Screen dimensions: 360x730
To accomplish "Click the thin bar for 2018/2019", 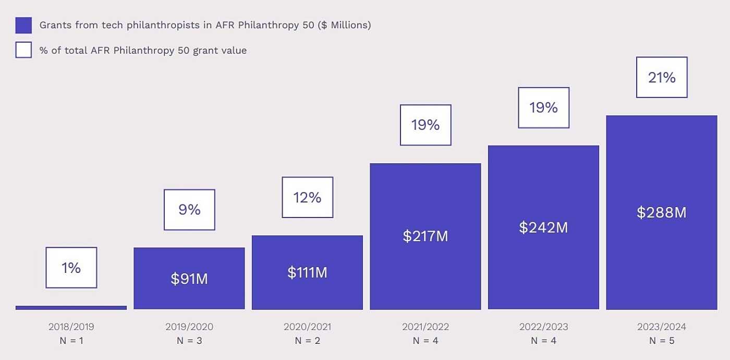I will pyautogui.click(x=71, y=308).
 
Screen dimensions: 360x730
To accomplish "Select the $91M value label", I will pyautogui.click(x=189, y=279).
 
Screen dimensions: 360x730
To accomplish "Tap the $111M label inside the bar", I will pyautogui.click(x=307, y=272).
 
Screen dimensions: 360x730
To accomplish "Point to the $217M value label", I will pyautogui.click(x=425, y=236).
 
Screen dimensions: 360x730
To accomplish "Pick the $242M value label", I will pyautogui.click(x=543, y=227).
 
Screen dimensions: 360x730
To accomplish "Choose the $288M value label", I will pyautogui.click(x=662, y=212).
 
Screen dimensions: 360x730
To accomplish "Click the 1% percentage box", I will pyautogui.click(x=71, y=268).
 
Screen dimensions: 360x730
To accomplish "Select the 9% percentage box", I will pyautogui.click(x=189, y=210).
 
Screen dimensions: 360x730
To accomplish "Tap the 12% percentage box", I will pyautogui.click(x=308, y=197).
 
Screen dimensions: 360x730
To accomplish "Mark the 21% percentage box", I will pyautogui.click(x=662, y=77).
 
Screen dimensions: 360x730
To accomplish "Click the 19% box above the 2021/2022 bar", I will pyautogui.click(x=425, y=125).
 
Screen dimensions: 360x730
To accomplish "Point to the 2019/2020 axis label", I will pyautogui.click(x=189, y=327).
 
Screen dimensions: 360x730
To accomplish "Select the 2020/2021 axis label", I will pyautogui.click(x=307, y=327).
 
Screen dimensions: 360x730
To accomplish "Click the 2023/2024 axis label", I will pyautogui.click(x=662, y=327).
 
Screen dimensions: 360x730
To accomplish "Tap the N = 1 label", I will pyautogui.click(x=71, y=341).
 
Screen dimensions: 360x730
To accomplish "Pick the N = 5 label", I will pyautogui.click(x=662, y=341).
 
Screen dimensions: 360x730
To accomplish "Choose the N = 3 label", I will pyautogui.click(x=189, y=341).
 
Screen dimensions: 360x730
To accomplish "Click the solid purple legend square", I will pyautogui.click(x=23, y=25).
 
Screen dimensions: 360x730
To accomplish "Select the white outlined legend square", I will pyautogui.click(x=23, y=50).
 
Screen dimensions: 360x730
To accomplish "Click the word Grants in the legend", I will pyautogui.click(x=54, y=25).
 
